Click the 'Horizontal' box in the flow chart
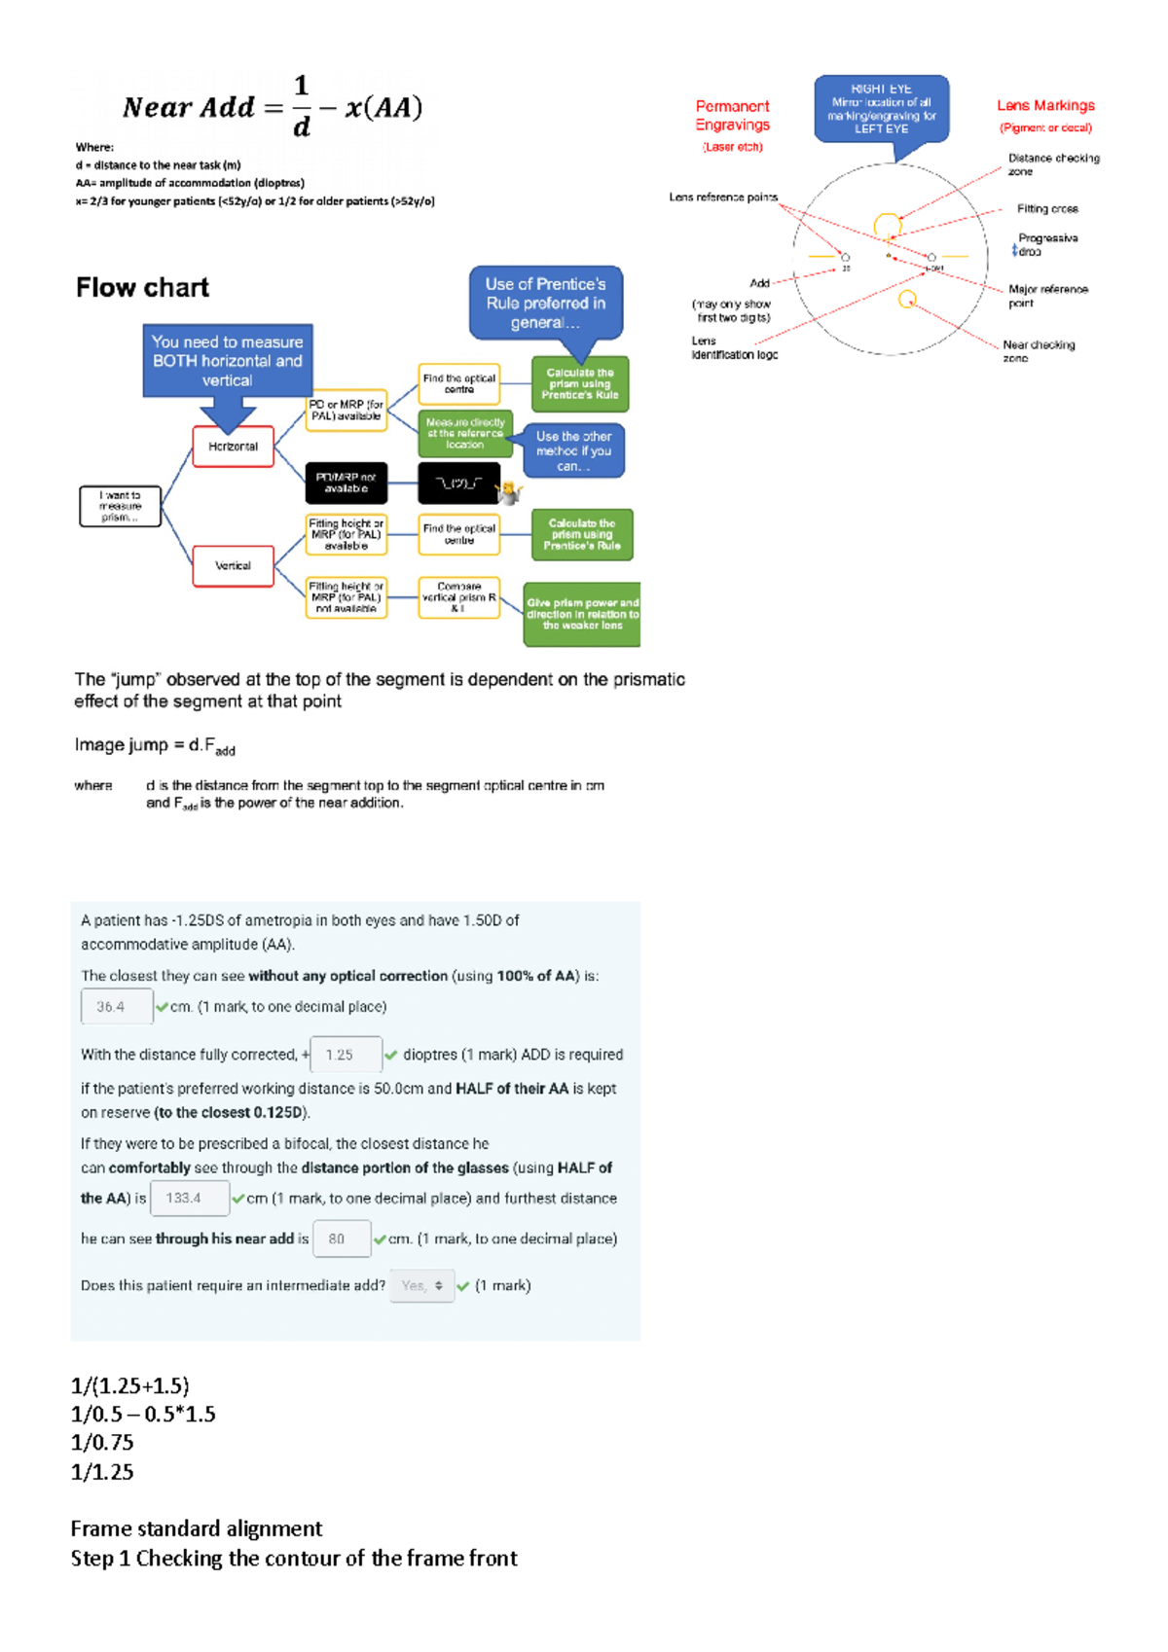click(233, 447)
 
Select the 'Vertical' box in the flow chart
click(233, 565)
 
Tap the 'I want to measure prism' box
click(120, 506)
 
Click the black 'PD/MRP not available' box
click(346, 483)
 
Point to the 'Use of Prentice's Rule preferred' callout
click(545, 303)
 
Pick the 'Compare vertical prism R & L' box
click(458, 597)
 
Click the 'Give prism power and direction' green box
click(582, 614)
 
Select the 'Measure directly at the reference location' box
click(465, 434)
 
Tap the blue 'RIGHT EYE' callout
click(881, 108)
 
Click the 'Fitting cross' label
click(1047, 209)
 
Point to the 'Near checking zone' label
click(1039, 350)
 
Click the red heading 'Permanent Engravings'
click(732, 115)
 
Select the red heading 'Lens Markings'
click(1045, 105)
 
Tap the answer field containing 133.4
click(190, 1198)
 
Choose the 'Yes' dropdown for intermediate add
click(421, 1285)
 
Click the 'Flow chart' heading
click(142, 288)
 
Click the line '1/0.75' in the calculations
click(102, 1442)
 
